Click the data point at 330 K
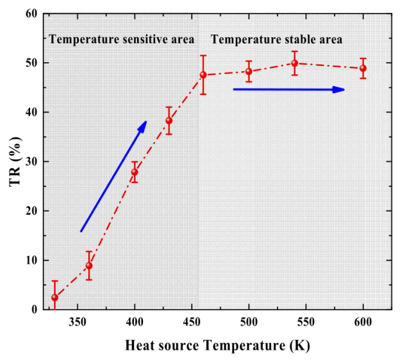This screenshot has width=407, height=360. coord(54,298)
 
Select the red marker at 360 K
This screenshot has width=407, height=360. coord(89,266)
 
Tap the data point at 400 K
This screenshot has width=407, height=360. coord(135,172)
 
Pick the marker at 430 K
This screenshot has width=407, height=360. coord(169,121)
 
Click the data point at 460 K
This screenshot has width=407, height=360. coord(203,75)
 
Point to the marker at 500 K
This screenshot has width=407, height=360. coord(249,71)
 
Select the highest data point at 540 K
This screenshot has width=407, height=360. coord(295,63)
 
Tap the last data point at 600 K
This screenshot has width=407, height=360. coord(363,68)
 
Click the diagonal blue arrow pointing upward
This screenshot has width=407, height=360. coord(113,176)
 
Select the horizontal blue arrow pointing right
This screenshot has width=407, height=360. coord(289,89)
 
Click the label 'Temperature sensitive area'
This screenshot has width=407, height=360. coord(122,40)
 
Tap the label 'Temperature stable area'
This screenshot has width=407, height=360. coord(277,40)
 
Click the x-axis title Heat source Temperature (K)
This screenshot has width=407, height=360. coord(217,346)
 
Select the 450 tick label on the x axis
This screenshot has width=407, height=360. coord(192,321)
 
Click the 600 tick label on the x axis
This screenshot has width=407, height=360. coord(363,321)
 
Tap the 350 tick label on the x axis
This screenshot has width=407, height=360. coord(78,321)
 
